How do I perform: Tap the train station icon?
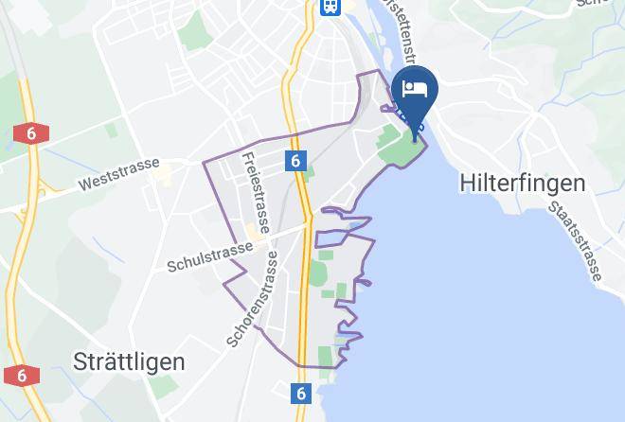coord(330,7)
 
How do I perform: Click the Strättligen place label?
coord(129,361)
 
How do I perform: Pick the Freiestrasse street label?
coord(255,193)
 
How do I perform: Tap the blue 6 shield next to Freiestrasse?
coord(296,162)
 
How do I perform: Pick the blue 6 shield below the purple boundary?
coord(301,392)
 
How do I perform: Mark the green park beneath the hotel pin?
coord(398,148)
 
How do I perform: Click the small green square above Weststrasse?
coord(113,131)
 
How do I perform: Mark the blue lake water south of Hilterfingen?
coord(492,312)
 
